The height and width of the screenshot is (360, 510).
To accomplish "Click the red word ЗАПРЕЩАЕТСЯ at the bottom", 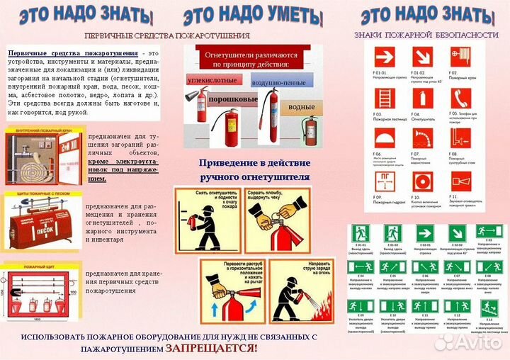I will click(211, 348).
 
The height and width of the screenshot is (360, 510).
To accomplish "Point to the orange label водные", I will click(300, 106).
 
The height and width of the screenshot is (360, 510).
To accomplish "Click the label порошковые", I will click(233, 99).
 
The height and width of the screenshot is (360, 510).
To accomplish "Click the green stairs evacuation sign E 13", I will click(489, 307).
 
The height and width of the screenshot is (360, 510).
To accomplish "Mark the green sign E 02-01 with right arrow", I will click(425, 232).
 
